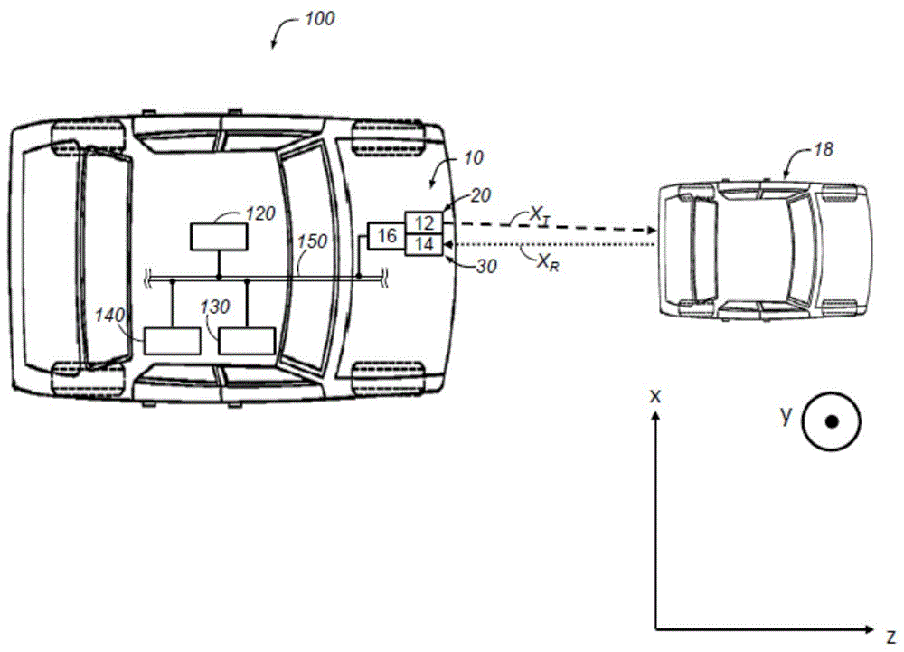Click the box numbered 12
pyautogui.click(x=424, y=223)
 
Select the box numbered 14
pyautogui.click(x=424, y=244)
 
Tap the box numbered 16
pyautogui.click(x=387, y=235)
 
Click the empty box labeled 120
pyautogui.click(x=219, y=236)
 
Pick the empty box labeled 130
pyautogui.click(x=247, y=341)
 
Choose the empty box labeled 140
pyautogui.click(x=173, y=341)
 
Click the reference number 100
pyautogui.click(x=319, y=18)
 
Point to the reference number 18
pyautogui.click(x=824, y=150)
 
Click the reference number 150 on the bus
pyautogui.click(x=312, y=241)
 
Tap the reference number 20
pyautogui.click(x=480, y=196)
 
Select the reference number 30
pyautogui.click(x=486, y=267)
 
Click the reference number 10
pyautogui.click(x=474, y=158)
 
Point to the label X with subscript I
pyautogui.click(x=540, y=216)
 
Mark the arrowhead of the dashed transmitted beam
pyautogui.click(x=652, y=231)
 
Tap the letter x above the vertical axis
pyautogui.click(x=654, y=396)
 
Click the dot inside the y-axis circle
pyautogui.click(x=832, y=421)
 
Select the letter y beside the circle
pyautogui.click(x=786, y=415)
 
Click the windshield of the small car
pyautogui.click(x=800, y=250)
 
